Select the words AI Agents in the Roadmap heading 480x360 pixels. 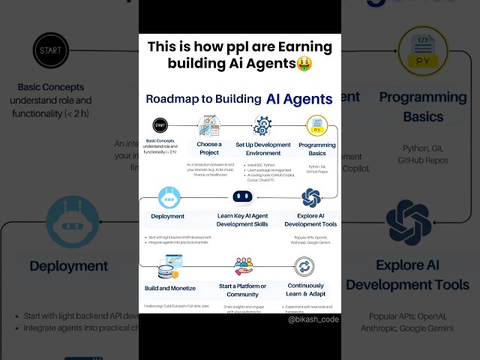(298, 98)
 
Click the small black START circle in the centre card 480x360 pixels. (160, 126)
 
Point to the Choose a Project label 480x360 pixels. (208, 148)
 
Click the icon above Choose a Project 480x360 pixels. (208, 125)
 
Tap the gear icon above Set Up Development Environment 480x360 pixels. (262, 125)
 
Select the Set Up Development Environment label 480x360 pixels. (262, 148)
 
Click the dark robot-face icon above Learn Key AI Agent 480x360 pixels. (242, 197)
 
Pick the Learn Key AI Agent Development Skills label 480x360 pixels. (241, 220)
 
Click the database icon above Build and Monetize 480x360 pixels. (170, 267)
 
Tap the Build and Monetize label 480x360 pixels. (170, 288)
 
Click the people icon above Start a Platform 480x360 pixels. (243, 266)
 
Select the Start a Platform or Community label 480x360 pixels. (243, 289)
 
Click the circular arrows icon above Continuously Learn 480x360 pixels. (304, 266)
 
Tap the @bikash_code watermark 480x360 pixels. (313, 319)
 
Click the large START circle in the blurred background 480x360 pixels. (52, 52)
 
